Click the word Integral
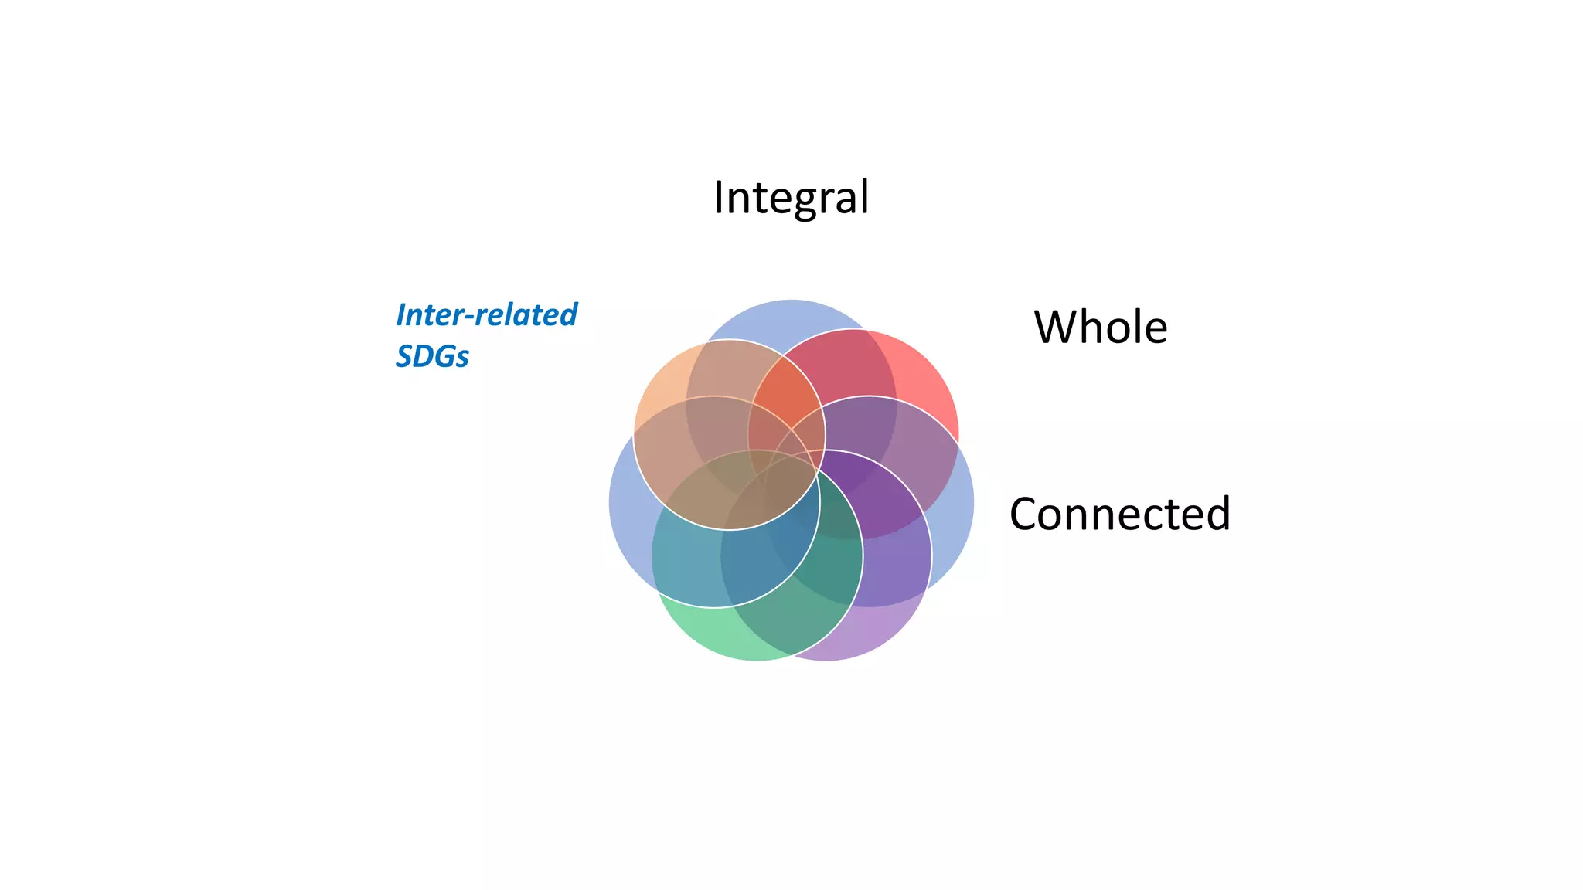(791, 198)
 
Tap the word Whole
(1100, 327)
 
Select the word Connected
(1119, 514)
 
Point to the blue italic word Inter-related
(486, 315)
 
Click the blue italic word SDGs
(432, 356)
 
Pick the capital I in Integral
(719, 198)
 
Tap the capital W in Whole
(1056, 327)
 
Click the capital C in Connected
(1026, 515)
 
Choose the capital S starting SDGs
(403, 356)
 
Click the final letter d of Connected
(1217, 514)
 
